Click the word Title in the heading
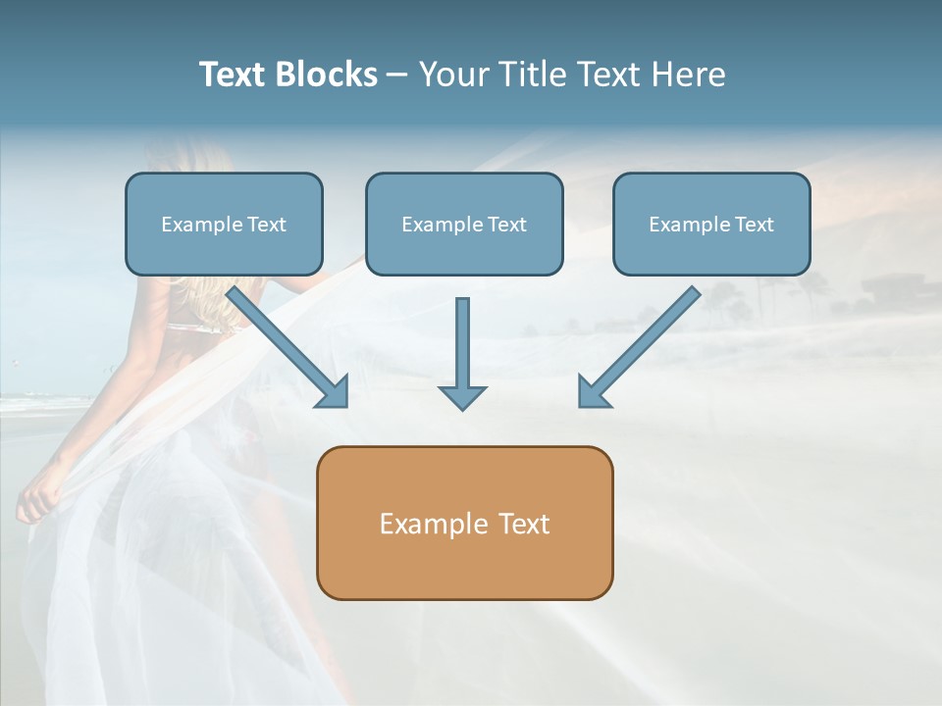[x=535, y=75]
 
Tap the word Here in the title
[x=691, y=75]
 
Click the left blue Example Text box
[x=224, y=224]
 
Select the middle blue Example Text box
[x=464, y=224]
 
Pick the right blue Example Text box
[x=711, y=224]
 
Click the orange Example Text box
[x=464, y=523]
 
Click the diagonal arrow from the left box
[x=285, y=343]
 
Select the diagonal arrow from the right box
[x=643, y=343]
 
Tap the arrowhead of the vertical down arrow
[x=462, y=397]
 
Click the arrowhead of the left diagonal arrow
[x=335, y=393]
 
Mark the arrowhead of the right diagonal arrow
[x=592, y=393]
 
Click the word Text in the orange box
[x=523, y=524]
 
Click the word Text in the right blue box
[x=754, y=225]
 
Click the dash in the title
[x=397, y=76]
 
